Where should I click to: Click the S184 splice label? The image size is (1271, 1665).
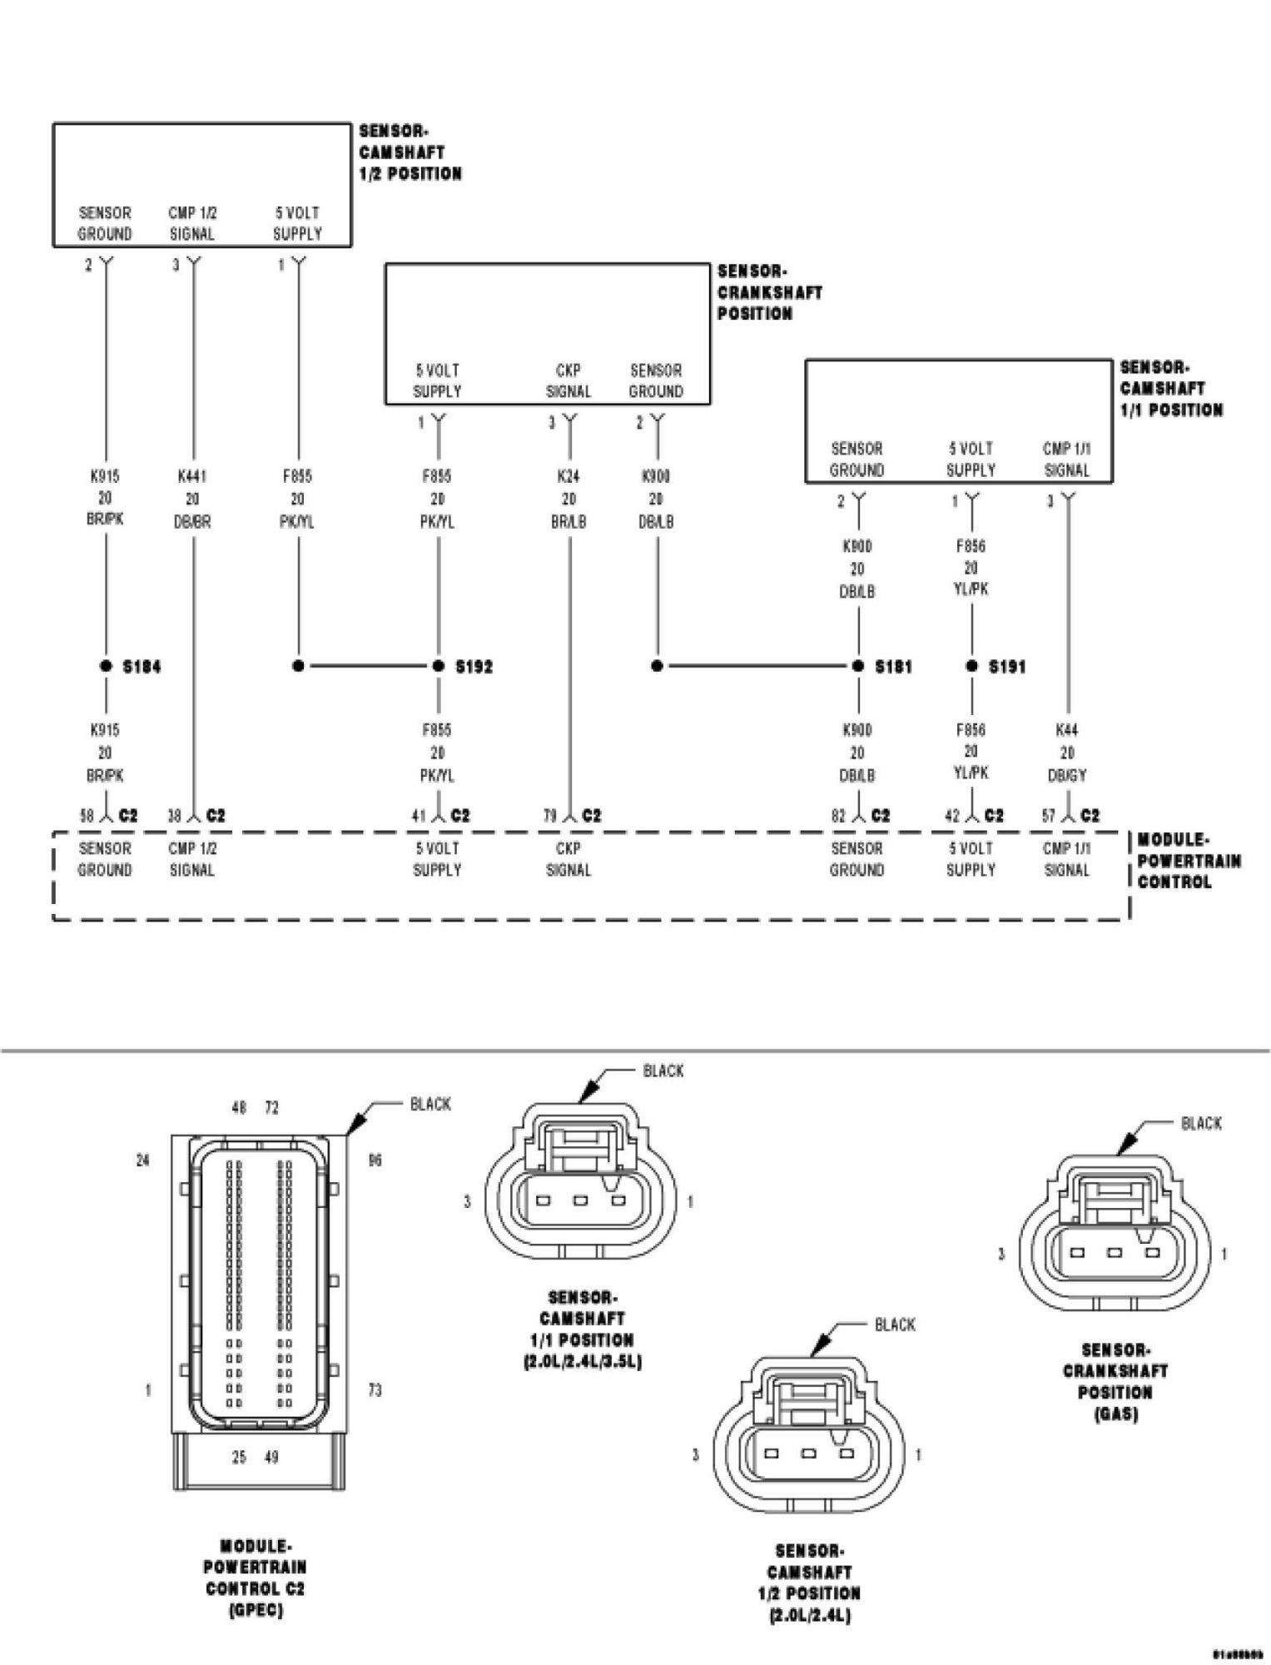(141, 667)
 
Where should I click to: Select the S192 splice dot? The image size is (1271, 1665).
(439, 666)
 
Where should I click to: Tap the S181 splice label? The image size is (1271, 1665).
(893, 667)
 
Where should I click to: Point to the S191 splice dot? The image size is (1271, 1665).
(971, 666)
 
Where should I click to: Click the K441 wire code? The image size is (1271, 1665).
(192, 476)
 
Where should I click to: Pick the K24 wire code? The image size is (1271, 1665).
(568, 476)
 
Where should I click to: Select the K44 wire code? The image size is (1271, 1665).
(1067, 730)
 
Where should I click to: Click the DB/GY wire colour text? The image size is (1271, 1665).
(1067, 775)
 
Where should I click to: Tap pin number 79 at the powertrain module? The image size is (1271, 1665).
(550, 816)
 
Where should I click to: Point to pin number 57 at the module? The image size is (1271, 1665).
(1049, 816)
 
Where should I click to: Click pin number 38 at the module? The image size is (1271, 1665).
(174, 816)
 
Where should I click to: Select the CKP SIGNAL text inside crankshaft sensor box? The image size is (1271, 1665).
(568, 380)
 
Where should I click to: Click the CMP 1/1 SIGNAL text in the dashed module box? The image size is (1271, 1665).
(1067, 859)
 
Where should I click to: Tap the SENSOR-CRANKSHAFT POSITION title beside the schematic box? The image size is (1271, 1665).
(770, 292)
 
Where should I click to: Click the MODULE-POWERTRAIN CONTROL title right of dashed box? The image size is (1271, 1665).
(1189, 861)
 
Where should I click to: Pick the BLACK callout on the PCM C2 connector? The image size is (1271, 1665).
(430, 1104)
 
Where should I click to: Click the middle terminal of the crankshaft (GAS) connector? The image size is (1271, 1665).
(1115, 1253)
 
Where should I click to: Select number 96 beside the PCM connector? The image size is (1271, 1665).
(375, 1160)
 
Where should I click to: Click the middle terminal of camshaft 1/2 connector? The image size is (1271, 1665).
(808, 1454)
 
